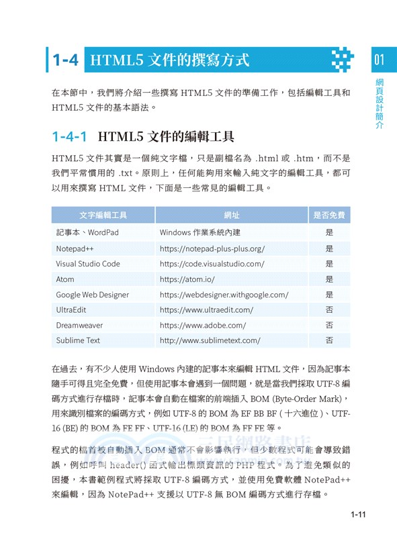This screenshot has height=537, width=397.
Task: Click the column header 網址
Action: click(232, 215)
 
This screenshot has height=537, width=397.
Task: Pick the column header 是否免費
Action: click(329, 215)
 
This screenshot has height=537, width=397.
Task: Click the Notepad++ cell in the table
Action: click(75, 248)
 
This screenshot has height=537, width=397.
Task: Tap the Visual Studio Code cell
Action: click(88, 264)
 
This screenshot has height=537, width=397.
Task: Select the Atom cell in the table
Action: click(65, 279)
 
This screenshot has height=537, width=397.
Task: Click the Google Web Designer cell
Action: click(92, 295)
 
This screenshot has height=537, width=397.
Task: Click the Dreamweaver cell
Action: click(79, 326)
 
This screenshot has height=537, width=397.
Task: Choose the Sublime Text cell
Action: click(78, 341)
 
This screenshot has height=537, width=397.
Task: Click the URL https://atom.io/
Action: click(187, 279)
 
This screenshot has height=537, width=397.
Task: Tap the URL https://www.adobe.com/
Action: click(203, 326)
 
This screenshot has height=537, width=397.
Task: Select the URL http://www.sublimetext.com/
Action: click(210, 341)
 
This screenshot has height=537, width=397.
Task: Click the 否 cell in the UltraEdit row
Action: click(329, 310)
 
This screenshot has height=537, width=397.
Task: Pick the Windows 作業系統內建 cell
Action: click(200, 233)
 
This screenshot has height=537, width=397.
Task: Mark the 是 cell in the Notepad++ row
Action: click(329, 248)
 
